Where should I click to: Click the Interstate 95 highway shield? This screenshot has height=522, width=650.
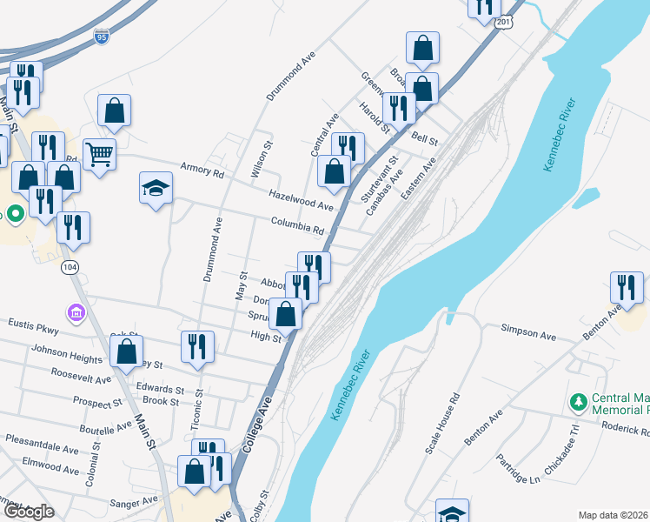[x=102, y=37]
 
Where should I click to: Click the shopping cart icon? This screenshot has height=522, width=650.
[x=100, y=154]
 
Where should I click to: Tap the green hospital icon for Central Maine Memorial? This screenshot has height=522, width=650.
[x=577, y=402]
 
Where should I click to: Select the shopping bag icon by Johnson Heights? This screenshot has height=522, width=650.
[x=127, y=351]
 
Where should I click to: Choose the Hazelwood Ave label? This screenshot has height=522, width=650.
[x=302, y=201]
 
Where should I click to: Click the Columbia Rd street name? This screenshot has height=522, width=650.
[x=296, y=226]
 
